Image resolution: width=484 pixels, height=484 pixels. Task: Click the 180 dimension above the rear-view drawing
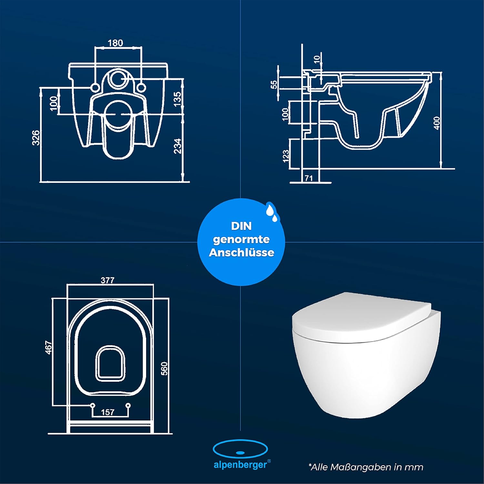point(115,43)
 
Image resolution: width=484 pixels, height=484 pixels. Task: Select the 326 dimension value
point(36,138)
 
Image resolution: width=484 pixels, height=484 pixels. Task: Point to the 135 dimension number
point(177,99)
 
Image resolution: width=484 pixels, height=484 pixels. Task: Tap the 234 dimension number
point(177,146)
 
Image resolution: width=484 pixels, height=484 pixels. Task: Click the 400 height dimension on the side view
point(437,123)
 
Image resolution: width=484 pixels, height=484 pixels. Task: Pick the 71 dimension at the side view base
point(309,178)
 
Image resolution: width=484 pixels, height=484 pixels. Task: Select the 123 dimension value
point(286,156)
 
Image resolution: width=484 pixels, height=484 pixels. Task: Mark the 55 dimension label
point(274,85)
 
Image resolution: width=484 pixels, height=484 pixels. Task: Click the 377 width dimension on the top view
point(107,280)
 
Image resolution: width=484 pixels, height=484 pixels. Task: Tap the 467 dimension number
point(48,348)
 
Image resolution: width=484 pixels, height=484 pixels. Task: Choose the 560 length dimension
point(164,368)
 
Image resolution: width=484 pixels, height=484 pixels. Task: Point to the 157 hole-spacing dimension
point(107,412)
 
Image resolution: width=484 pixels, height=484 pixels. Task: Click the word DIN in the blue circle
point(241,226)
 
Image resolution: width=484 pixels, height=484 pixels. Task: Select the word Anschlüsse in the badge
point(241,252)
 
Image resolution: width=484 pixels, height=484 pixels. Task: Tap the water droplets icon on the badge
point(271,212)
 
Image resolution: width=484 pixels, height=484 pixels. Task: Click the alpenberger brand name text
point(240,465)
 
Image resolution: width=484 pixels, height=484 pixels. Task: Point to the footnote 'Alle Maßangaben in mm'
point(366,467)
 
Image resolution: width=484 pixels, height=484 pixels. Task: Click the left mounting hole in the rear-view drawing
point(95,87)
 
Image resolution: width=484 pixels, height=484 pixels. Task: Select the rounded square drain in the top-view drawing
point(110,363)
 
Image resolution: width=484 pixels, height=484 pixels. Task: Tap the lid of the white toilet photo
point(361,318)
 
